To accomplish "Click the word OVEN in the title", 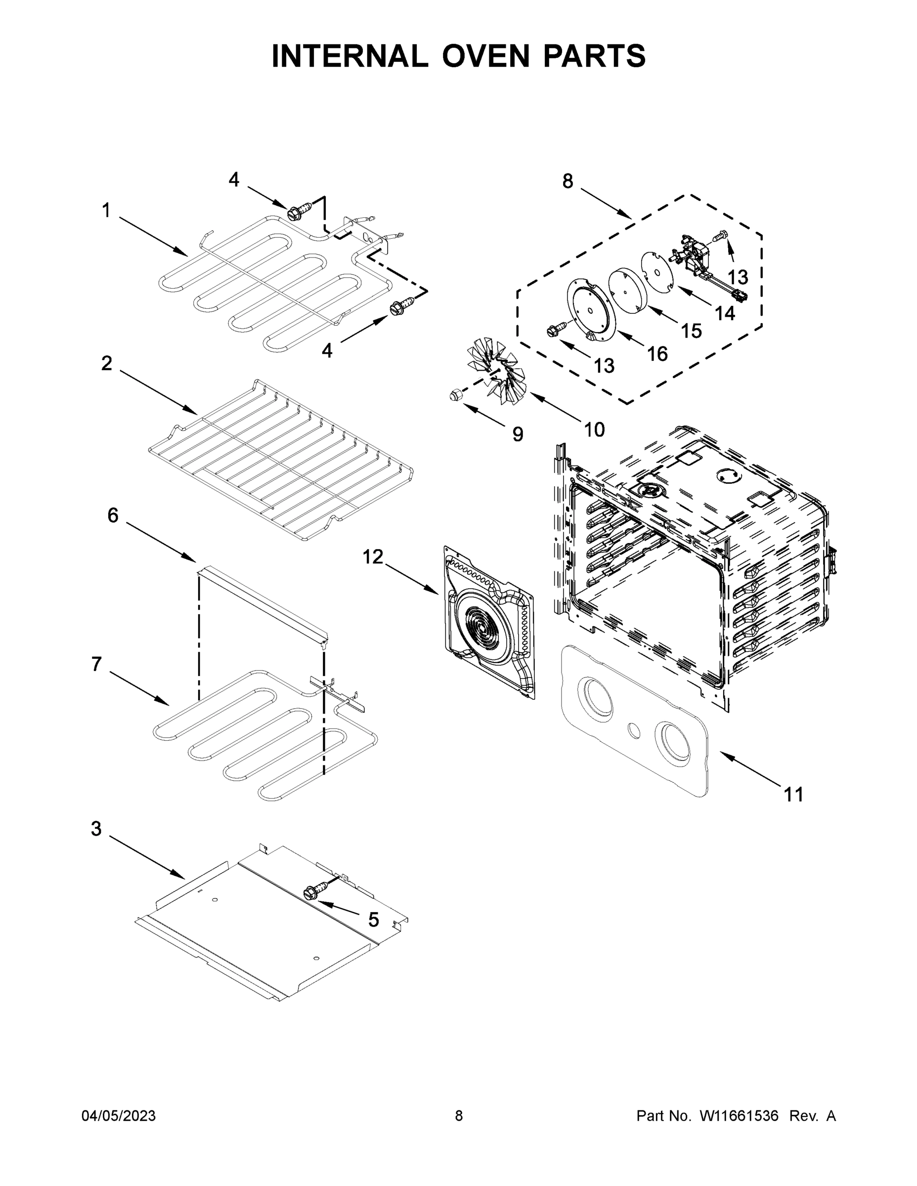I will point(485,56).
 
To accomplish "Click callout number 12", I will point(373,556).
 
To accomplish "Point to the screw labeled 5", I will point(311,891).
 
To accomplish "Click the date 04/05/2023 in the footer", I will point(119,1116).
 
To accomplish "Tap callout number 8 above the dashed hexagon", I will point(567,181).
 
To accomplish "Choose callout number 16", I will point(657,354).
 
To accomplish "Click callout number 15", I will point(691,331).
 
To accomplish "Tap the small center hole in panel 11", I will point(633,730).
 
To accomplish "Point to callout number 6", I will point(112,515).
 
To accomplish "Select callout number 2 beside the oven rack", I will point(106,363).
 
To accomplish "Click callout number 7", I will point(96,664).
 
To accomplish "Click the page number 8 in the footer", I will point(459,1116).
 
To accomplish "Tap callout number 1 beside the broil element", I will point(106,210).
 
